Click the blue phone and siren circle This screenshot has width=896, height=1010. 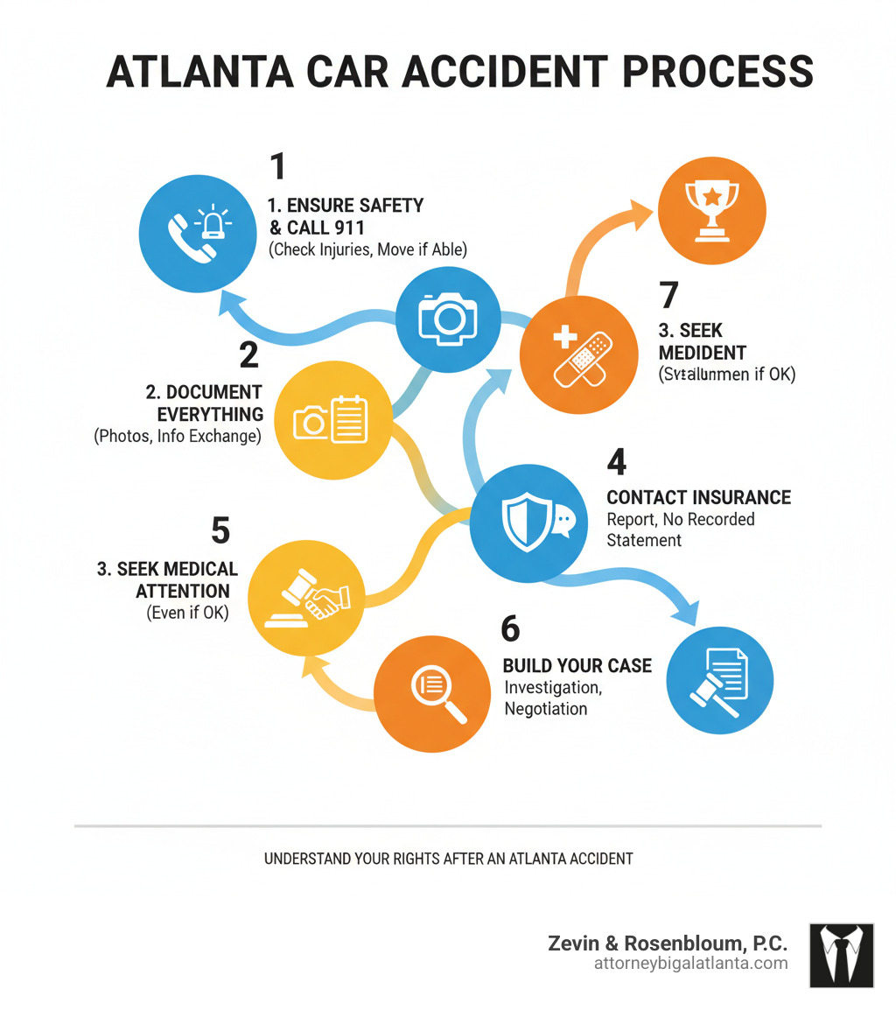[195, 235]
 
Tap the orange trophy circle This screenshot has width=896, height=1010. [711, 210]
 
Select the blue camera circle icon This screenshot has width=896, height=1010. [448, 319]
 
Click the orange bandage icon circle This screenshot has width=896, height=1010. [577, 354]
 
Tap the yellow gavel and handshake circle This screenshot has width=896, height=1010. [306, 598]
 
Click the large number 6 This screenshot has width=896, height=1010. [510, 628]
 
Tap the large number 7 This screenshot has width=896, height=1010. [668, 295]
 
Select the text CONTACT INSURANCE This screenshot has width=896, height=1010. [698, 498]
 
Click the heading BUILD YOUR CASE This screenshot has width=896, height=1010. [577, 666]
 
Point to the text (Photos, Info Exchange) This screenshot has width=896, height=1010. [178, 436]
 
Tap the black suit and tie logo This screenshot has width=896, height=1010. [842, 955]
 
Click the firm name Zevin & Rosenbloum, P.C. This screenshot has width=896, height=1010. [668, 943]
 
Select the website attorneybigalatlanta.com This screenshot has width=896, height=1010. [689, 964]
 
